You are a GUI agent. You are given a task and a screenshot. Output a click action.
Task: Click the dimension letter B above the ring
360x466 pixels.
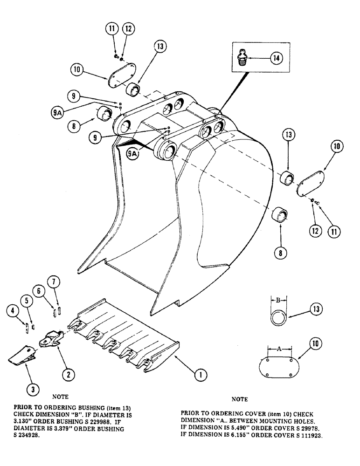click(x=278, y=301)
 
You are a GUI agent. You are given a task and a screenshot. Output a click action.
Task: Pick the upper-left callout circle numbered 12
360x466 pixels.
click(x=128, y=29)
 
